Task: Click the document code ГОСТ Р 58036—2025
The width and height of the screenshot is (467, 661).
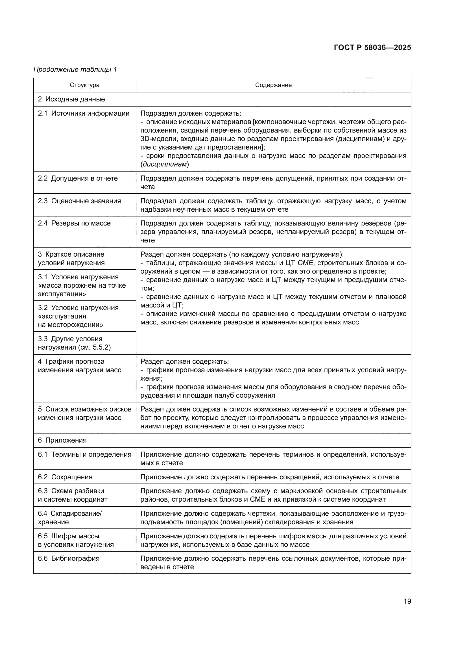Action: point(372,47)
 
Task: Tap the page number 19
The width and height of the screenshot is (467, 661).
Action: point(407,601)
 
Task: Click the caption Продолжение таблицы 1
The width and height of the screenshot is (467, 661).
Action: point(75,70)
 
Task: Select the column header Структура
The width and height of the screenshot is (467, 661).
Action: point(84,85)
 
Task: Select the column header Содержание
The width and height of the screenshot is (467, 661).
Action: point(273,85)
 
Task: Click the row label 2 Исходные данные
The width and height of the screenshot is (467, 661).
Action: point(71,99)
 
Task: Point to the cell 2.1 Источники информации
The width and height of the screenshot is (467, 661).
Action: point(84,113)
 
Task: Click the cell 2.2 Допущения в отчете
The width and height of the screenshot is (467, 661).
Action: point(78,179)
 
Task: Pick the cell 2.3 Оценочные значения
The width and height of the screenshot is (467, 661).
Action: point(79,201)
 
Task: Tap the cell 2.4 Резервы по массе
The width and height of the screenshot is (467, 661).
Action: point(74,224)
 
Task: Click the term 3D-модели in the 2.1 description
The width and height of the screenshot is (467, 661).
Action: point(157,139)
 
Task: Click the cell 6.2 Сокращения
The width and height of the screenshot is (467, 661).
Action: point(65,477)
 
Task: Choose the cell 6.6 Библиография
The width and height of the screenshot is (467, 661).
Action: point(69,558)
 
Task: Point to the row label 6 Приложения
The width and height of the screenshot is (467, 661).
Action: point(62,441)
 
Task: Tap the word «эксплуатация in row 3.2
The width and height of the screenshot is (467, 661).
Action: point(62,317)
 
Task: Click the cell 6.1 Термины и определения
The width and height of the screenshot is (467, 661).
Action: point(84,455)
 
